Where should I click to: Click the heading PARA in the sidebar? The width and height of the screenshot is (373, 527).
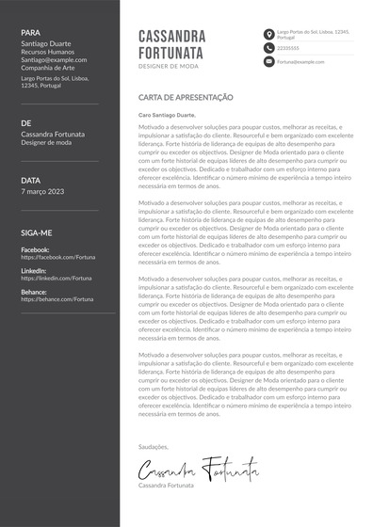coord(30,32)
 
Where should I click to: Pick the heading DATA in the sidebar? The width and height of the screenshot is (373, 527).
coord(30,180)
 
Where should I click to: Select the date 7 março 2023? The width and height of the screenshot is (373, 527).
coord(42,191)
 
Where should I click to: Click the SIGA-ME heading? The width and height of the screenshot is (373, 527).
coord(37,232)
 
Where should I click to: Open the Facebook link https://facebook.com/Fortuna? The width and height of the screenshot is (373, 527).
coord(57,257)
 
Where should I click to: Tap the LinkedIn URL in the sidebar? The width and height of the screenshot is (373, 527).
coord(57,279)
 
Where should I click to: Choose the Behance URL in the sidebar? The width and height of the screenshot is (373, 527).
coord(57,299)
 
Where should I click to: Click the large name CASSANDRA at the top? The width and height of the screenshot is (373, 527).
coord(172,36)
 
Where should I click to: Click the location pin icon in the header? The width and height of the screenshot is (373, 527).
coord(269,35)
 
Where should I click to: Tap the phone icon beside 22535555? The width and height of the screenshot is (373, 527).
coord(269,48)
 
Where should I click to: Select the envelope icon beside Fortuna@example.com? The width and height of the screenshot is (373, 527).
coord(269,61)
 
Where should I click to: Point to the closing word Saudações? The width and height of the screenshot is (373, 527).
coord(153,446)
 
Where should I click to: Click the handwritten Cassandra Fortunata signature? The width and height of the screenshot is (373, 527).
coord(198,467)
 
